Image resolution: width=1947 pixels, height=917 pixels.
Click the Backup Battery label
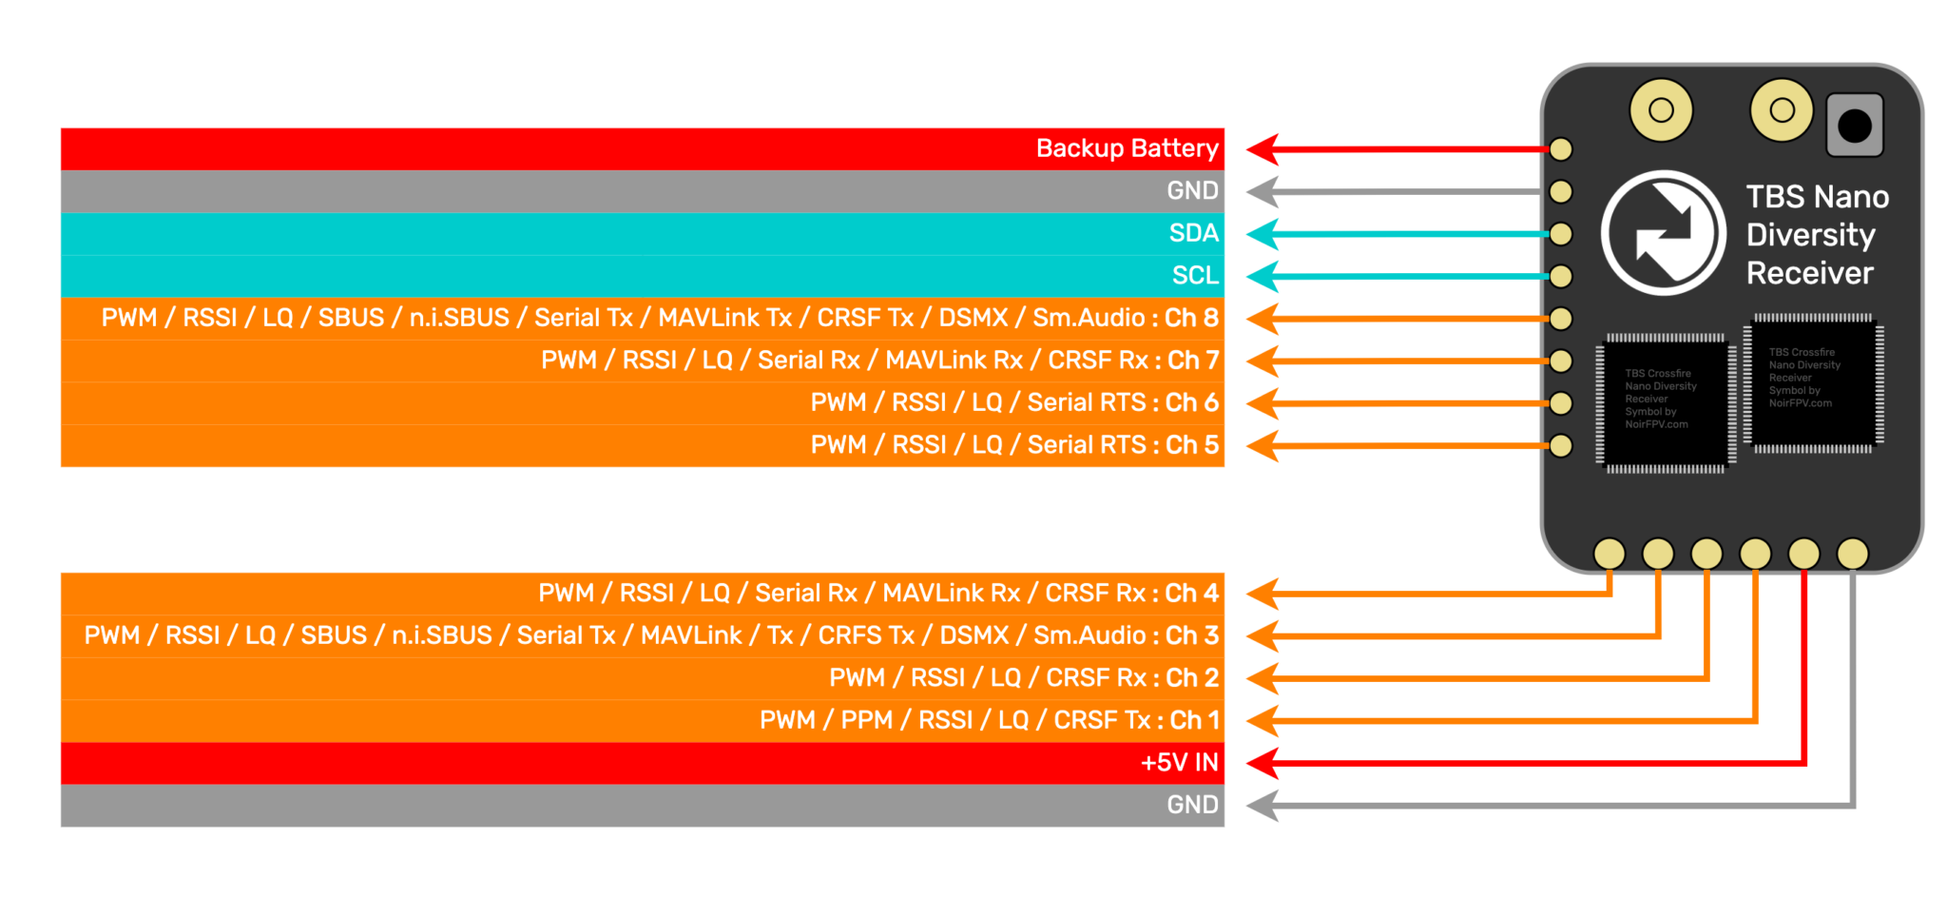coord(1127,148)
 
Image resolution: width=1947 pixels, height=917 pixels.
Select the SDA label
coord(1193,233)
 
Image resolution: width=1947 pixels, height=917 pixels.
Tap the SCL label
coord(1195,276)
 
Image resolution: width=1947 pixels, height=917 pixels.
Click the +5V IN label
coord(1179,763)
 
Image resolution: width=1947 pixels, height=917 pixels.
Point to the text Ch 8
coord(1191,318)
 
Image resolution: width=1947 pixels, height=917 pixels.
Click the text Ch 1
coord(1194,720)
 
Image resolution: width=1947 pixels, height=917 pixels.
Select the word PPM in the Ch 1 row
coord(866,720)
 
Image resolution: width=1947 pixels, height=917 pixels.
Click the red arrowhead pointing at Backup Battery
coord(1263,149)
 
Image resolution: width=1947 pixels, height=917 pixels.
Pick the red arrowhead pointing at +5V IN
coord(1263,763)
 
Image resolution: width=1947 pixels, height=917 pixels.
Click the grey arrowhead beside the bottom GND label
coord(1263,806)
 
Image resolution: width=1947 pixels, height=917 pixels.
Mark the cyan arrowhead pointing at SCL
coord(1263,277)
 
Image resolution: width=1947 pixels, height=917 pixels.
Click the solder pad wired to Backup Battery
coord(1561,149)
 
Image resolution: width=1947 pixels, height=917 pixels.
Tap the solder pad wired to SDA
coord(1561,234)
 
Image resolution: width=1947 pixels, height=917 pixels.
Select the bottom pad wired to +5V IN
coord(1803,553)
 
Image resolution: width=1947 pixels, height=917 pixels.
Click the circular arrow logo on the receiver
coord(1663,233)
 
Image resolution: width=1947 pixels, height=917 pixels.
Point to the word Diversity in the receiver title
coord(1810,235)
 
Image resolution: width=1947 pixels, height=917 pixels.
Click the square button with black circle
coord(1854,125)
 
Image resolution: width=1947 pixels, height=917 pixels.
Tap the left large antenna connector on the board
coord(1661,110)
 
